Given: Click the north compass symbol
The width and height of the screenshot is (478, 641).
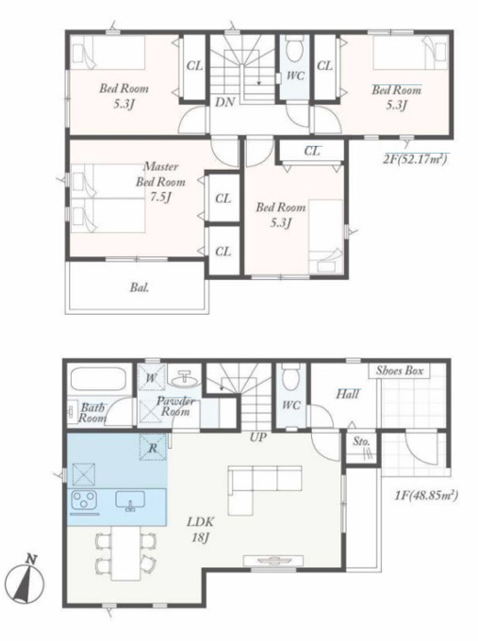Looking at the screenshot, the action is point(27,579).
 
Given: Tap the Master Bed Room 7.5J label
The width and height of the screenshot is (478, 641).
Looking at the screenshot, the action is point(160,182).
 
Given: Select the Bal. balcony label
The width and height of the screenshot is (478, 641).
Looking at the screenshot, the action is point(140,288).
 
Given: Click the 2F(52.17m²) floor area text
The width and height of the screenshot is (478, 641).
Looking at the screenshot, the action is point(415,159).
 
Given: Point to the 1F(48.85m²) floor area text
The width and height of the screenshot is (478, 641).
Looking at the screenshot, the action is point(426,496).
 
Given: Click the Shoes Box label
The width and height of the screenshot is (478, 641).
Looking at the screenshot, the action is point(400,370).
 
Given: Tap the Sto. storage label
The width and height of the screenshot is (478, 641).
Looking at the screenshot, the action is point(361,441).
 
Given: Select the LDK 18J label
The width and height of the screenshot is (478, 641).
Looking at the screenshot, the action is point(201,530).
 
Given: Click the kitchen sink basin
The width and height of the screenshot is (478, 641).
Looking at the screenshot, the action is point(130,501).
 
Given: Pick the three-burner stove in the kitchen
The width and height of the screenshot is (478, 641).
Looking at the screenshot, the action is point(84,500).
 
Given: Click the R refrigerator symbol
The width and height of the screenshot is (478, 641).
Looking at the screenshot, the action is point(153,448).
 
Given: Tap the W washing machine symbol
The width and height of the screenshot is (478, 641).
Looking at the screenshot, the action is point(151,378).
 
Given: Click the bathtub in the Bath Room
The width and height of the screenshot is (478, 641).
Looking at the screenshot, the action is point(98,380).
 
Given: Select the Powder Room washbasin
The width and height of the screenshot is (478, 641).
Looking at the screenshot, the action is point(186,380).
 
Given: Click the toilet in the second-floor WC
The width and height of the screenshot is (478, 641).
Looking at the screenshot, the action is point(292,49).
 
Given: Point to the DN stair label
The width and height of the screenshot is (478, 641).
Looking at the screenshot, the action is point(225,102).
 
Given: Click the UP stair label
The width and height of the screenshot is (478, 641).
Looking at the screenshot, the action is point(258,437).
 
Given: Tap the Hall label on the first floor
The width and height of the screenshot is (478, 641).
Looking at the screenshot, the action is point(348,394).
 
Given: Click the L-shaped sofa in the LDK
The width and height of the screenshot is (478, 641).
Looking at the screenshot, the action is point(265,490).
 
